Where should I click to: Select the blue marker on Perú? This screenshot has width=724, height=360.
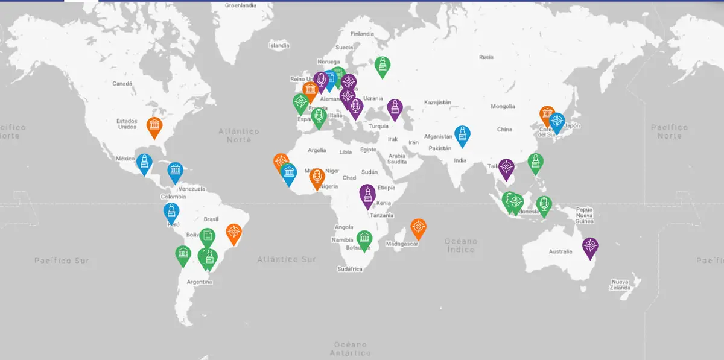coord(171,212)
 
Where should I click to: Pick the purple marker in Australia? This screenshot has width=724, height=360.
coord(590,246)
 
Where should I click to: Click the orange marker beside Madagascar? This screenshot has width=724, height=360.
coord(418,228)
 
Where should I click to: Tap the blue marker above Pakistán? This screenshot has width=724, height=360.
coord(462,135)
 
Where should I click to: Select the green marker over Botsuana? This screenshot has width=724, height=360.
coord(364,239)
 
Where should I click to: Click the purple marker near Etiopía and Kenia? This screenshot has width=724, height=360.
coord(367,194)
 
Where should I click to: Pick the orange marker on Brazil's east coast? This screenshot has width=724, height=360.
coord(233,232)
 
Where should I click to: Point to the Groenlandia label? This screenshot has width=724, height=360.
coord(241,5)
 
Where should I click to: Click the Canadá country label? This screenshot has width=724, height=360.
coord(122,84)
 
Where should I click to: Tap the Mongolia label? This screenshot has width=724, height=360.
coord(503,106)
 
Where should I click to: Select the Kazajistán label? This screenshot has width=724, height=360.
coord(437,103)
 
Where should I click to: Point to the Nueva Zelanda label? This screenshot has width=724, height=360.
coord(620,285)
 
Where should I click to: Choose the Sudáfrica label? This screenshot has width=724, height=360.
coord(350,269)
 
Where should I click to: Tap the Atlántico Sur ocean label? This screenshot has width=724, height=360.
coord(287,259)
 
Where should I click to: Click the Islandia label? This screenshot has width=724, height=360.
coord(279,45)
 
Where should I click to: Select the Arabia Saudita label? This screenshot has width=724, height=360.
coord(397,159)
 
